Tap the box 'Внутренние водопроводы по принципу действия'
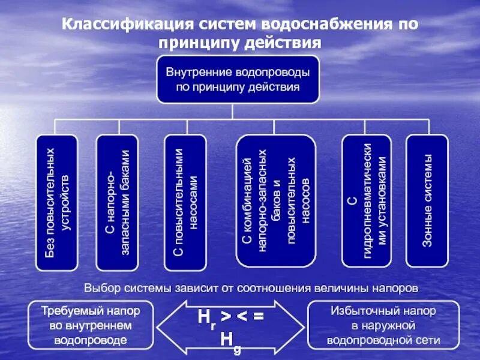[x=238, y=79]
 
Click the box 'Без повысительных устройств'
[x=57, y=202]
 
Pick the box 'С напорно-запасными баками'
[x=117, y=202]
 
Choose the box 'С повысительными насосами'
[x=185, y=202]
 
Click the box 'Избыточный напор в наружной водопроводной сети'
[x=383, y=326]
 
